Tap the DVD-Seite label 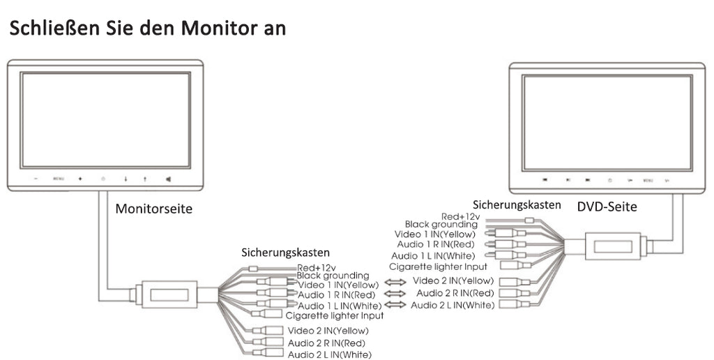[607, 207]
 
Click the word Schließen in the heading [56, 29]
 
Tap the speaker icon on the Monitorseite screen [168, 179]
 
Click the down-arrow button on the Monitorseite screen [126, 179]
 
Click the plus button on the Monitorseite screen [80, 179]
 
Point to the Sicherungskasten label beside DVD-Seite [517, 205]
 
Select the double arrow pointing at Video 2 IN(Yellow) [395, 282]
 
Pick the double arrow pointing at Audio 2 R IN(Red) [395, 294]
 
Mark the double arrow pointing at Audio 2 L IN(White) [395, 306]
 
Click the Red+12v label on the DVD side [461, 216]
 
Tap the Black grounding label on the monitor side [333, 276]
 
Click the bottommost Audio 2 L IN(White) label [329, 355]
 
